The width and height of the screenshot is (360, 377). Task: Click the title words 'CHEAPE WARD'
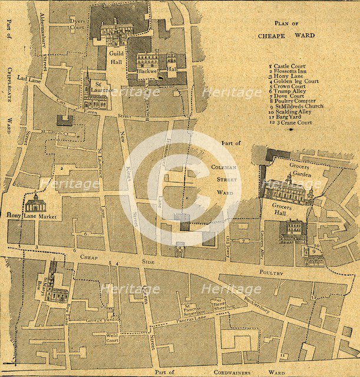click(286, 35)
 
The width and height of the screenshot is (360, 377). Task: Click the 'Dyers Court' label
click(77, 24)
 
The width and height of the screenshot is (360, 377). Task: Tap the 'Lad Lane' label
click(28, 78)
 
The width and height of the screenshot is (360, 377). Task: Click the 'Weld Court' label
click(112, 339)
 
